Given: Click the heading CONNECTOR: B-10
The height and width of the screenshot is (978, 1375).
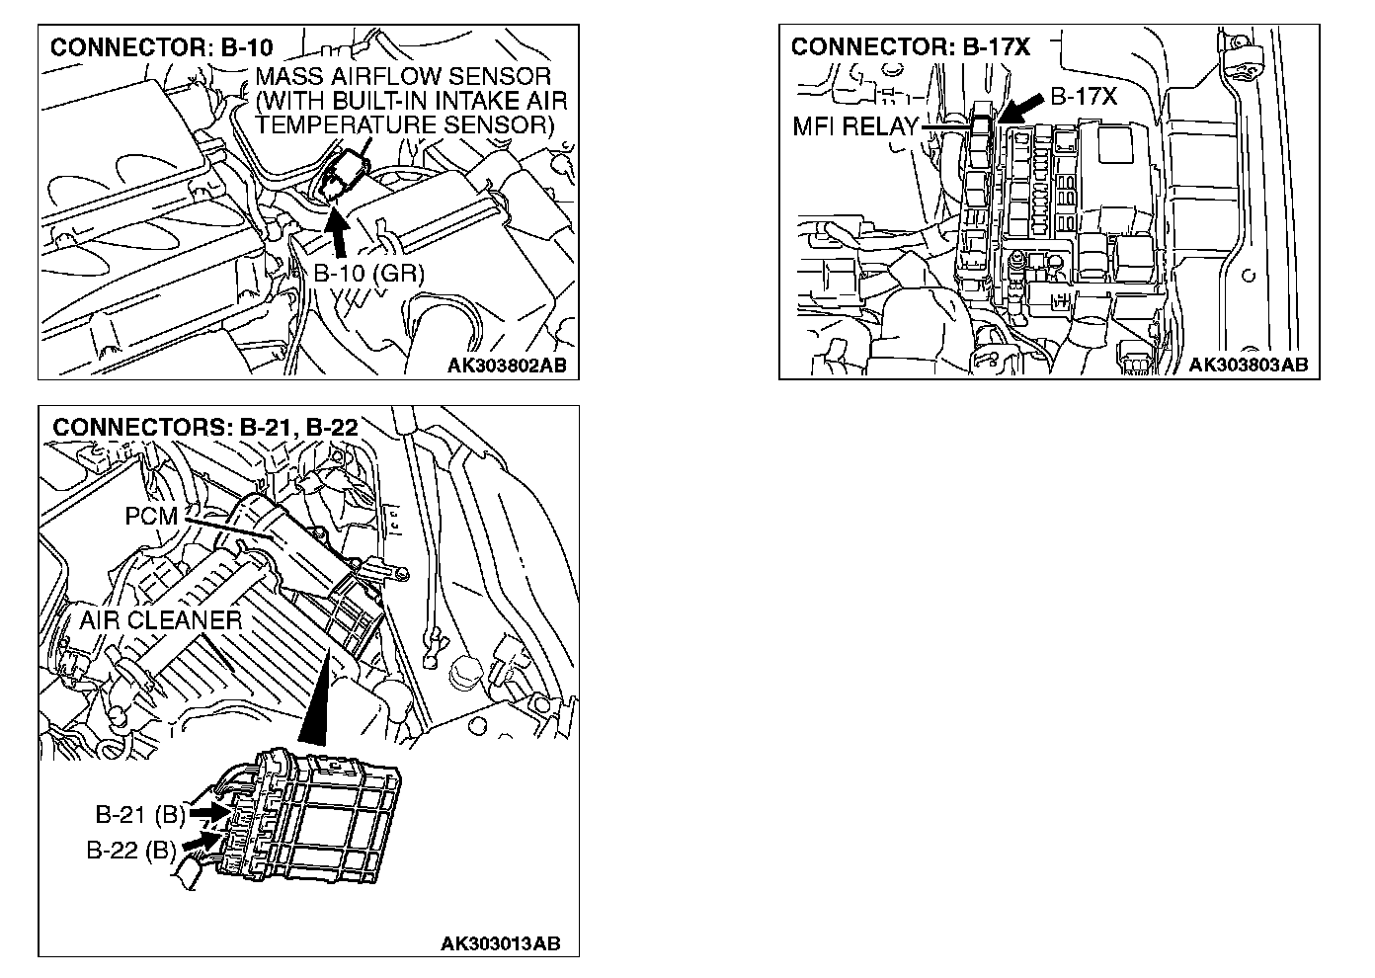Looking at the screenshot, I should click(161, 47).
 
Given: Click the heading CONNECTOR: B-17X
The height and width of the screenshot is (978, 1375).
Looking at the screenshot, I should click(911, 47).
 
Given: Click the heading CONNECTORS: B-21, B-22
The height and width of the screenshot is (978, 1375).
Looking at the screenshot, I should click(204, 427).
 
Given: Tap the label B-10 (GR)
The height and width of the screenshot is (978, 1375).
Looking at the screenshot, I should click(368, 274).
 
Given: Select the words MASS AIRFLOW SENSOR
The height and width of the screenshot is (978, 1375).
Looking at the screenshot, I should click(403, 77).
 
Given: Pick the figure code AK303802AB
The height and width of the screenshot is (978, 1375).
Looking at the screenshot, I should click(507, 366).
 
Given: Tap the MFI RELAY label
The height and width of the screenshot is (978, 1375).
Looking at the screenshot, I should click(854, 126).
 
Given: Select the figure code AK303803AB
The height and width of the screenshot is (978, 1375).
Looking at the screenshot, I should click(1248, 366).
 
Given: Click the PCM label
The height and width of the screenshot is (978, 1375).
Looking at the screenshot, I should click(151, 517).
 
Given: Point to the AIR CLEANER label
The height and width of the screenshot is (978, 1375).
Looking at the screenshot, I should click(160, 620).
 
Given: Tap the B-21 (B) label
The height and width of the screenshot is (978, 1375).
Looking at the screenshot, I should click(140, 815).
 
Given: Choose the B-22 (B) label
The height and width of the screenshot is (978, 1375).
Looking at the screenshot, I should click(130, 850).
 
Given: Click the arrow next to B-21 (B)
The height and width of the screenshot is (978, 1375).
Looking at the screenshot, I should click(206, 810).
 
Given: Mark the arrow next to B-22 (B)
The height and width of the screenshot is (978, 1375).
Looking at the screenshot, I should click(201, 841).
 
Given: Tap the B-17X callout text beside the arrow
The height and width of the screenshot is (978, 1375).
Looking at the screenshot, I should click(1083, 97).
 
